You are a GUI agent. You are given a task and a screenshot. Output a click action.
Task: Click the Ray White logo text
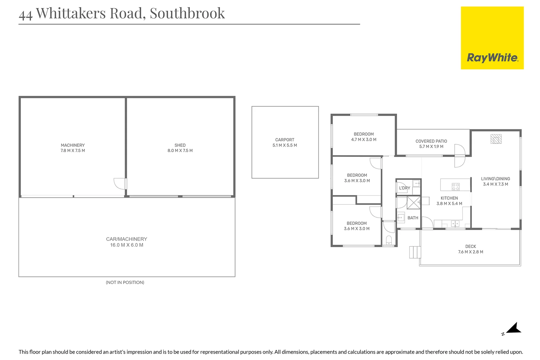[x=493, y=58]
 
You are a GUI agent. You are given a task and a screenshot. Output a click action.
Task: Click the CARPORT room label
[x=285, y=140]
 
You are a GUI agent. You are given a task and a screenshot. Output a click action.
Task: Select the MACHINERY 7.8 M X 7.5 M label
[x=73, y=148]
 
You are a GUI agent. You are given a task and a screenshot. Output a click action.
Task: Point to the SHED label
[x=180, y=145]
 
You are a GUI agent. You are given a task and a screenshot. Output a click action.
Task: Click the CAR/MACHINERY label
[x=127, y=239]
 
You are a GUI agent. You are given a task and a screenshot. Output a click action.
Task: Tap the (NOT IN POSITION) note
[x=125, y=282]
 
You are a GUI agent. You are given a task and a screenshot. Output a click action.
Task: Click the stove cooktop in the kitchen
[x=456, y=187]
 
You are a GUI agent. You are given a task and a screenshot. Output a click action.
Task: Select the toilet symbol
[x=389, y=240]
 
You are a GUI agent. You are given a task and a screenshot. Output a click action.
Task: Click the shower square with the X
[x=414, y=203]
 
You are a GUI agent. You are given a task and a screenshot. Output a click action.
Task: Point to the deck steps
[x=415, y=252]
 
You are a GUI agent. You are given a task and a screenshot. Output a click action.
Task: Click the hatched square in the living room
[x=496, y=139]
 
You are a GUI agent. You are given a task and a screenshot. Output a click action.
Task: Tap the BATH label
[x=413, y=218]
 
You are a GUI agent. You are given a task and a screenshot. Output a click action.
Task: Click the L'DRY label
[x=405, y=188]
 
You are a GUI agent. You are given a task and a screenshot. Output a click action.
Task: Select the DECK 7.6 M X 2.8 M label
[x=471, y=249]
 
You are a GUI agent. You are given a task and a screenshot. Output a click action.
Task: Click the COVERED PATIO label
[x=431, y=141]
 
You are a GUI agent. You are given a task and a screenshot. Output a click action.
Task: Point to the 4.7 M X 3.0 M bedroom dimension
[x=364, y=140]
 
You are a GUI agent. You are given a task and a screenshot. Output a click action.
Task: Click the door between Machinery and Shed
[x=120, y=184]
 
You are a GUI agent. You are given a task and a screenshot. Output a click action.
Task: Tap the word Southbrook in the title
[x=187, y=13]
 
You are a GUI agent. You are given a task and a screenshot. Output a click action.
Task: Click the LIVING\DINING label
[x=495, y=179]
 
